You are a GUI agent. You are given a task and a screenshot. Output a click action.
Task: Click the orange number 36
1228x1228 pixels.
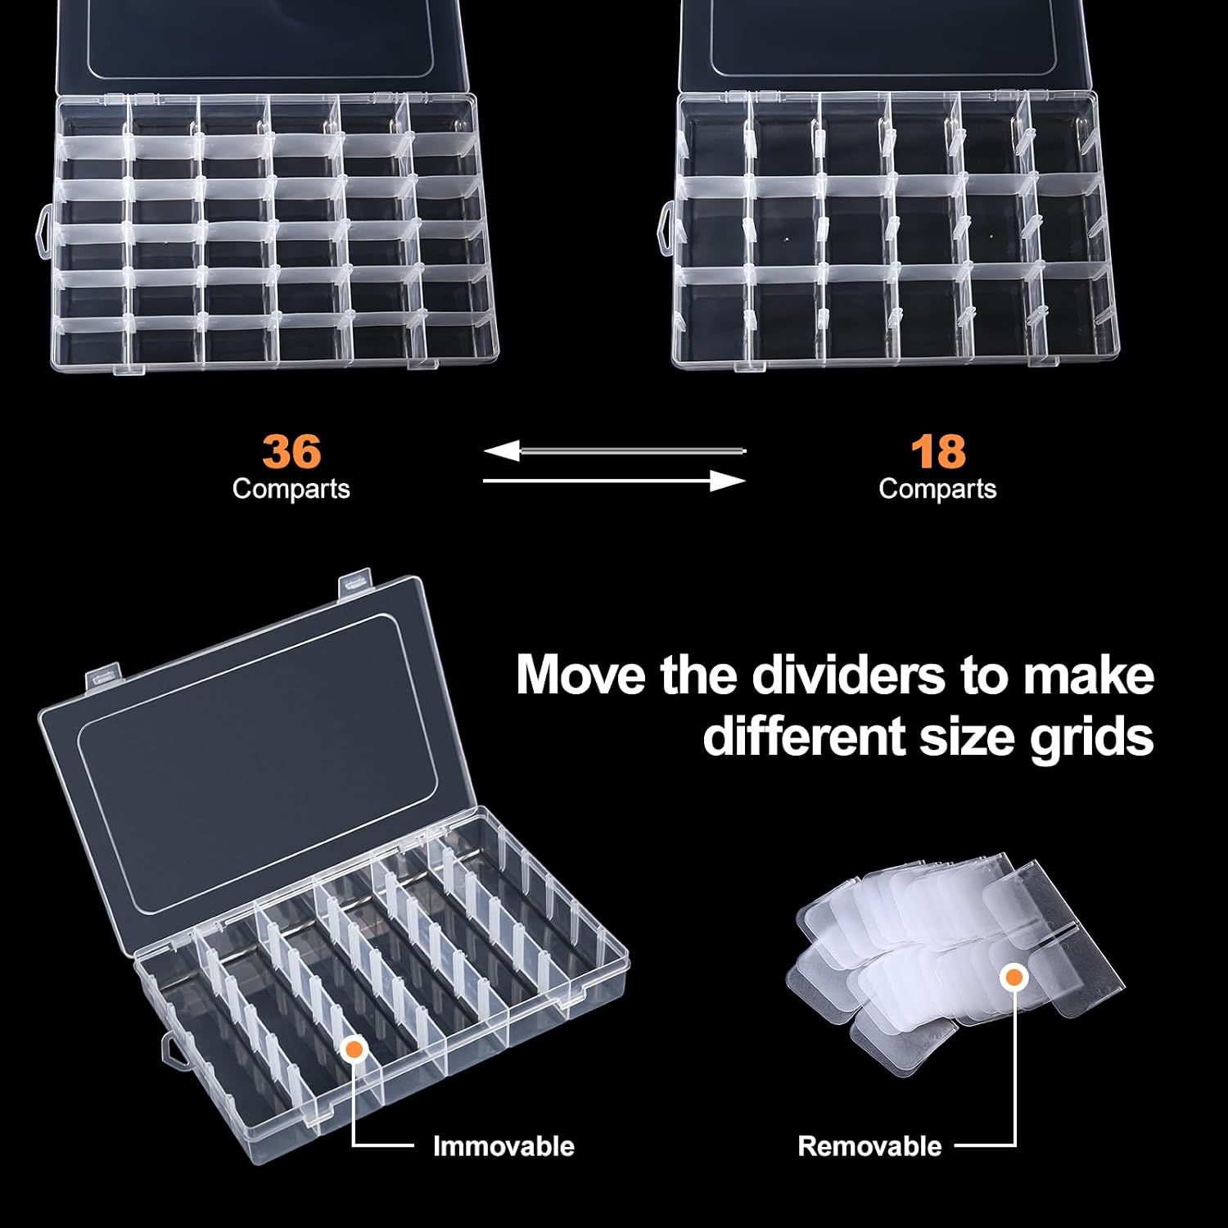(291, 451)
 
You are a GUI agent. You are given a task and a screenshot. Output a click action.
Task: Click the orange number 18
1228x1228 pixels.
(938, 451)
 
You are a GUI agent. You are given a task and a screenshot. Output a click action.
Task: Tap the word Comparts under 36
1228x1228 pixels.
(291, 489)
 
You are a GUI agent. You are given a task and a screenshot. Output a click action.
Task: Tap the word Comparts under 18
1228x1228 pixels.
(937, 489)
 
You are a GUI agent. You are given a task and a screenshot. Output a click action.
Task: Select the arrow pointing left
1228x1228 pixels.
(615, 450)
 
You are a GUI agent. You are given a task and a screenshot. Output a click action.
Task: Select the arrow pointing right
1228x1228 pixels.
(615, 481)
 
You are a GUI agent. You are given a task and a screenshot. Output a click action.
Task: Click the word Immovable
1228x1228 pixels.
(503, 1146)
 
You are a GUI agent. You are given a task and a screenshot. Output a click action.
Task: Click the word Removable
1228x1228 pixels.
(869, 1146)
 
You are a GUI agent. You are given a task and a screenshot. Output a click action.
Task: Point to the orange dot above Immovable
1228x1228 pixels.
(354, 1050)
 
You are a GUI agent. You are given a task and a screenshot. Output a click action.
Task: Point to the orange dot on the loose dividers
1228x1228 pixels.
(1014, 977)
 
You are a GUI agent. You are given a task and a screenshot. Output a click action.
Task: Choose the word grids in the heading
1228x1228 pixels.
(1092, 738)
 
